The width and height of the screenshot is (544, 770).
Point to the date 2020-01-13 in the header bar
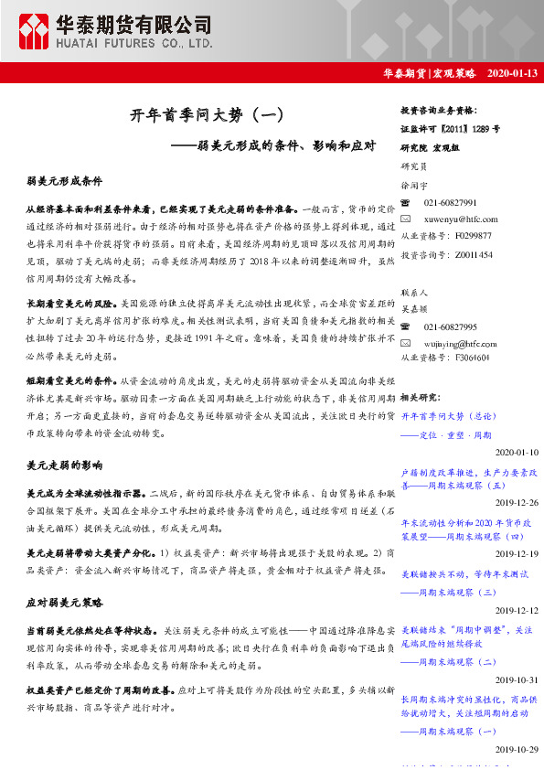(513, 73)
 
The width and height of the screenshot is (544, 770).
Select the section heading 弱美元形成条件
(64, 181)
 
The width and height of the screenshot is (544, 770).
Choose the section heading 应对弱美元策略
(64, 604)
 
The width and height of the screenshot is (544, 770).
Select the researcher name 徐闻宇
(415, 185)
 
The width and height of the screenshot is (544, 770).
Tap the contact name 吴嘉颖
(415, 309)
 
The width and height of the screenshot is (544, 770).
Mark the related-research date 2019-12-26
(517, 503)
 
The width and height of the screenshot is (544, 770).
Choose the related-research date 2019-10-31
(517, 679)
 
